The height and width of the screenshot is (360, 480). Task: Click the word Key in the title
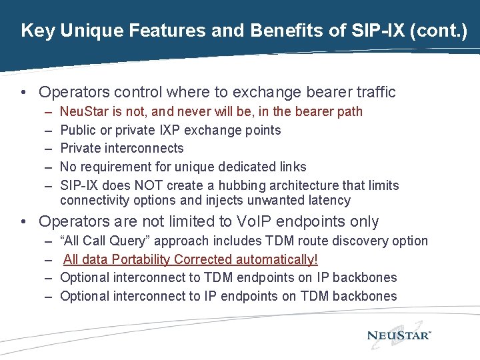click(x=36, y=30)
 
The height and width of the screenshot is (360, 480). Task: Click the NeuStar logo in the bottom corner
click(x=399, y=335)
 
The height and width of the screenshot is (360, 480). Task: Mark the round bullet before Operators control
click(x=24, y=92)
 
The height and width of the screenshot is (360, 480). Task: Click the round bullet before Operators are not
click(x=24, y=221)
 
